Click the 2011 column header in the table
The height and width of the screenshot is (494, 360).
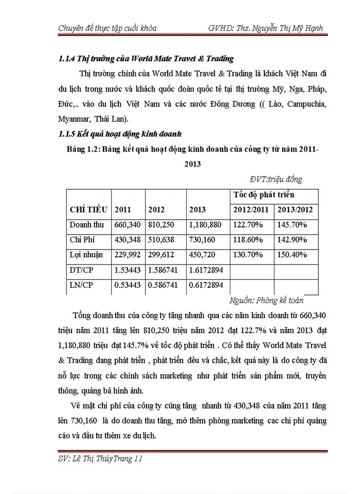122,209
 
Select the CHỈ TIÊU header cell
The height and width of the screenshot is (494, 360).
88,209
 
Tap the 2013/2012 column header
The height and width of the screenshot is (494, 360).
295,209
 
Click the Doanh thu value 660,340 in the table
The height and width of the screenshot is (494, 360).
127,224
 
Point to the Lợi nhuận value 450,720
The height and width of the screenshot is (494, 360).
203,254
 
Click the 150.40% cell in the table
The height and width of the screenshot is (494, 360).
292,254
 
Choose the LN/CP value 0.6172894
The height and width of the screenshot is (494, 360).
206,285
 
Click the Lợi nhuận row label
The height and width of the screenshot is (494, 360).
86,254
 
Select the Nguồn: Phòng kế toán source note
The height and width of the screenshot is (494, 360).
266,300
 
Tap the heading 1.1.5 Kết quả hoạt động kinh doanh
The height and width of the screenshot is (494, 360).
120,135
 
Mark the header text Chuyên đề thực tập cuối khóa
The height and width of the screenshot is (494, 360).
107,28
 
